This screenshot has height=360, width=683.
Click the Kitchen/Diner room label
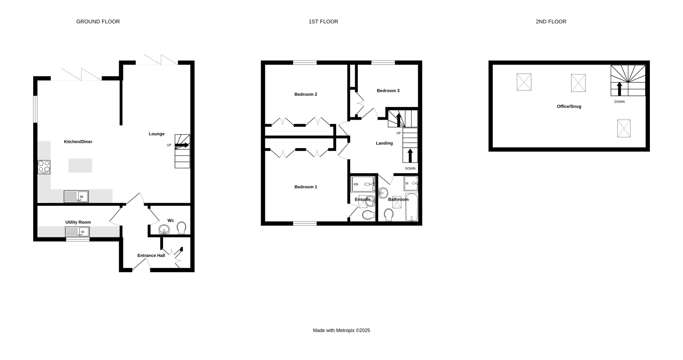pyautogui.click(x=78, y=142)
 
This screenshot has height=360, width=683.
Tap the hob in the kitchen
pyautogui.click(x=44, y=167)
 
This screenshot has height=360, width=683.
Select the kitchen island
pyautogui.click(x=80, y=165)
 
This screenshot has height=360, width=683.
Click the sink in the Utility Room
pyautogui.click(x=77, y=232)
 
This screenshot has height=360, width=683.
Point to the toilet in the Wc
pyautogui.click(x=182, y=228)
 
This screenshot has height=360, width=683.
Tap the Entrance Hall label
pyautogui.click(x=151, y=255)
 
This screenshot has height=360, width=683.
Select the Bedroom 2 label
pyautogui.click(x=306, y=94)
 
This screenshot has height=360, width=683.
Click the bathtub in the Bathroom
pyautogui.click(x=412, y=207)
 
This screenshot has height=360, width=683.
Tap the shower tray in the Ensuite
pyautogui.click(x=363, y=184)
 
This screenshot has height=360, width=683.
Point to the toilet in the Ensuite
pyautogui.click(x=369, y=214)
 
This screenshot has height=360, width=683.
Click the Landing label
pyautogui.click(x=384, y=143)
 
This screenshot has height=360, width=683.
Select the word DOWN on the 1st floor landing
pyautogui.click(x=410, y=168)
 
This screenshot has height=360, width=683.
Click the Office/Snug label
pyautogui.click(x=569, y=106)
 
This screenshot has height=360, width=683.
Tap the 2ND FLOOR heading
pyautogui.click(x=551, y=22)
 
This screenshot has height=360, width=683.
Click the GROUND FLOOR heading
pyautogui.click(x=98, y=22)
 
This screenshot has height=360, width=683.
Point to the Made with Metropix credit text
pyautogui.click(x=341, y=330)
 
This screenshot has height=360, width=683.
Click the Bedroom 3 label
pyautogui.click(x=388, y=91)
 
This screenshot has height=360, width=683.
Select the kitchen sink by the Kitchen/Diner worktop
pyautogui.click(x=76, y=196)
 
